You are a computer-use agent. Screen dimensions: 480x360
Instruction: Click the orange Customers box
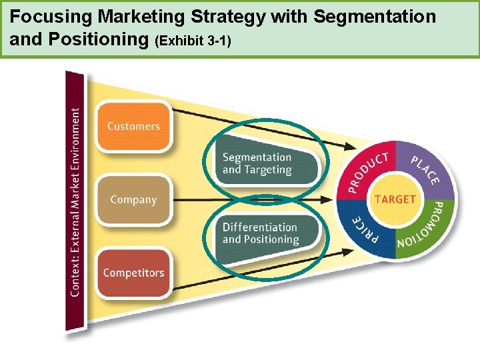point(133,125)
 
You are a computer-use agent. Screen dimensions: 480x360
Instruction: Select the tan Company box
point(133,199)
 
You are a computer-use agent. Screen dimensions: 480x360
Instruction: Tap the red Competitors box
point(133,273)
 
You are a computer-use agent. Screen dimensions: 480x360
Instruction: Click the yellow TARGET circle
point(395,199)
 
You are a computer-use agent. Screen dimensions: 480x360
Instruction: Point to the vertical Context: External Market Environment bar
point(75,200)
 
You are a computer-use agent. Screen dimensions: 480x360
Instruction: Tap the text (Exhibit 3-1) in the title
point(193,41)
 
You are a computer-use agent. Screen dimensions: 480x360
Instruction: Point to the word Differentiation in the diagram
point(260,227)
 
